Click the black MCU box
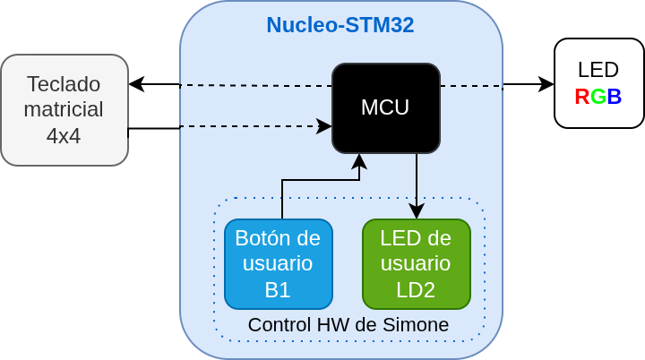[385, 107]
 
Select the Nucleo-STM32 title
[340, 25]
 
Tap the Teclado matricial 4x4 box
[64, 109]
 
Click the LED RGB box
[598, 83]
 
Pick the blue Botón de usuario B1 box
[278, 263]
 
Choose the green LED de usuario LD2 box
[416, 263]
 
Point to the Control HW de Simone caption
[348, 325]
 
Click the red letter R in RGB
[582, 97]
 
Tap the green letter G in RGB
[598, 97]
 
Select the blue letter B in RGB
[615, 97]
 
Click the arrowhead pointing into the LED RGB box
[547, 85]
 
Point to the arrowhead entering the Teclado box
[135, 84]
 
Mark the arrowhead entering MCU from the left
[325, 126]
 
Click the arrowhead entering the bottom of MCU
[359, 160]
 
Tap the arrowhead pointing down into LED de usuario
[417, 212]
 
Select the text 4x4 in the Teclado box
[64, 136]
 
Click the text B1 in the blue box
[278, 289]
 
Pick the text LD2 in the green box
[416, 289]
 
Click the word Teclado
[64, 83]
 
